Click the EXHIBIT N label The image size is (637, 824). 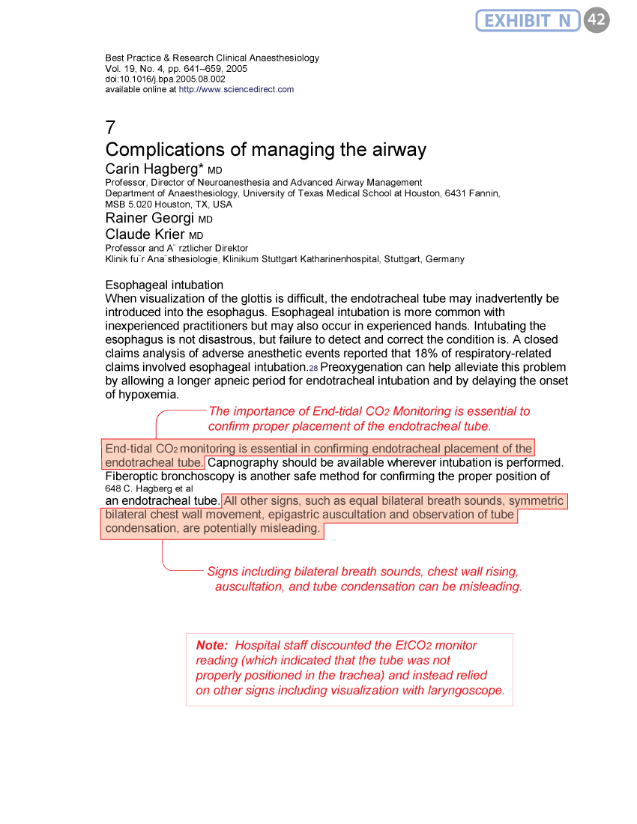[528, 20]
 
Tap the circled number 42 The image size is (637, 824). [597, 20]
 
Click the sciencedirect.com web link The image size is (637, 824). [236, 89]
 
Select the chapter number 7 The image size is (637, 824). [110, 127]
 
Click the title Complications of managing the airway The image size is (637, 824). [266, 150]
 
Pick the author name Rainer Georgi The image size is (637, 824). [150, 219]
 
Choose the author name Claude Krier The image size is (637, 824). [145, 234]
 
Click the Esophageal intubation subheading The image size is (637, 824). [164, 285]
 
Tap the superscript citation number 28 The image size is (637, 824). [314, 369]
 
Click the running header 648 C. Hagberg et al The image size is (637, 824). [149, 488]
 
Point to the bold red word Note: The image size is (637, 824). [211, 645]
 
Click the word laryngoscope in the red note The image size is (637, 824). [465, 690]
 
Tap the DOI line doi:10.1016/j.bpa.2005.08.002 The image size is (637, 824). [165, 79]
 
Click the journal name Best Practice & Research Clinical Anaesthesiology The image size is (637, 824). [212, 58]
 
